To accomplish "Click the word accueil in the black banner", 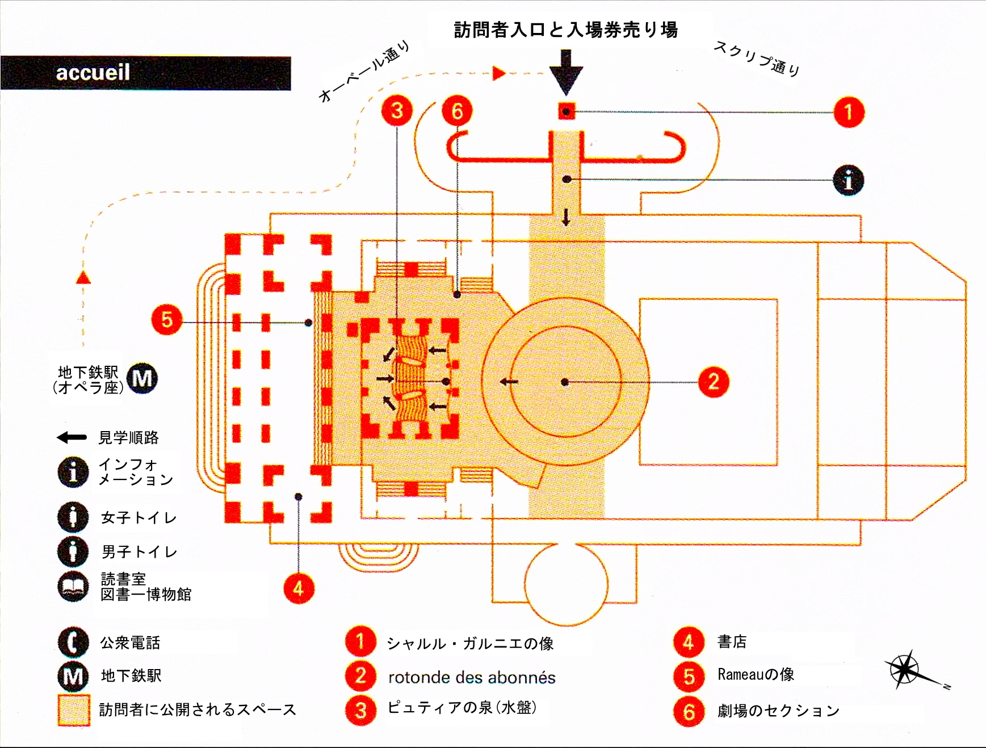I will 93,73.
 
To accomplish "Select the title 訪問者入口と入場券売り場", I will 565,30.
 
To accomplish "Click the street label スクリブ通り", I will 757,58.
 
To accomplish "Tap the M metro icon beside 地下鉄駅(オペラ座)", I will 142,378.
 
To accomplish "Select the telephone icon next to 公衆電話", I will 73,642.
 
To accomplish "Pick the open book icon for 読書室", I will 73,587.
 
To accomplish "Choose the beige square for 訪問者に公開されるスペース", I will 74,709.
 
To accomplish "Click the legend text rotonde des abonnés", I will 472,677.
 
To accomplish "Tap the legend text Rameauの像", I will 756,675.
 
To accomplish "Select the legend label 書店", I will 732,642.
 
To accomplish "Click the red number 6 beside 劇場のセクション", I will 689,711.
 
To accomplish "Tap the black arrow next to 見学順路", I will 72,437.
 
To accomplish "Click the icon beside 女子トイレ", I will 73,517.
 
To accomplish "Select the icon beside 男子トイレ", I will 73,551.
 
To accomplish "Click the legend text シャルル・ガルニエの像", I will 470,643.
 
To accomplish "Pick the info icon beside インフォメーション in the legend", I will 73,472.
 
